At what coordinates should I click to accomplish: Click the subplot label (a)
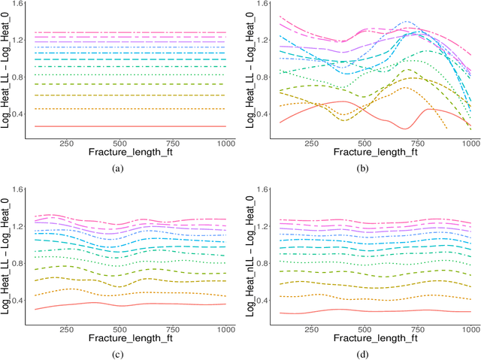[116, 169]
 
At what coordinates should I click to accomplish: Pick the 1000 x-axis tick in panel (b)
[470, 143]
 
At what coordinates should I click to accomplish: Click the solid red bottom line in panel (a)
[128, 126]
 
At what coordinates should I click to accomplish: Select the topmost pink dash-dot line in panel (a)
[128, 32]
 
